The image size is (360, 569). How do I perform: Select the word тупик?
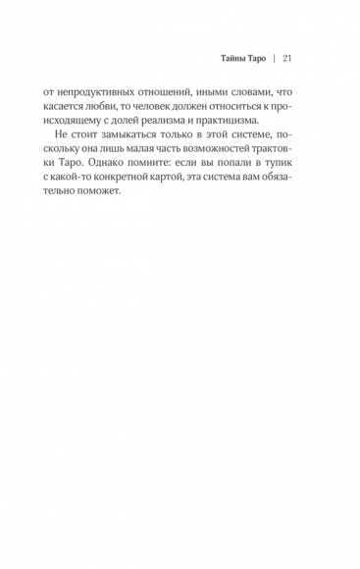pyautogui.click(x=281, y=173)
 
